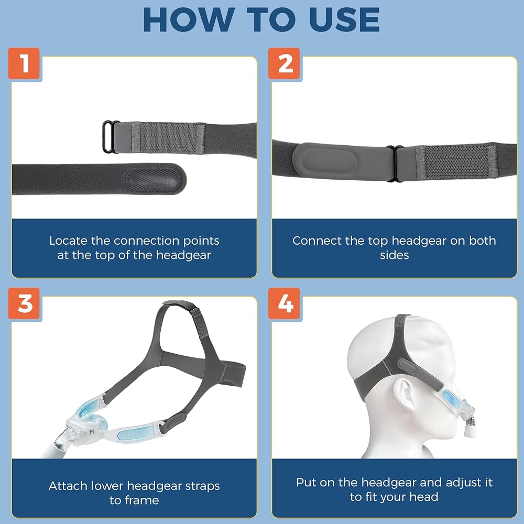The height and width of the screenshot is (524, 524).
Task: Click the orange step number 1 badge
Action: (24, 63)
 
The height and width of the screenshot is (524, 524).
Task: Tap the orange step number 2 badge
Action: (284, 63)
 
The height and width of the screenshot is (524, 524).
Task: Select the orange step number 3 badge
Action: (24, 303)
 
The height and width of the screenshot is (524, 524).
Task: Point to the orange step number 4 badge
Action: (284, 303)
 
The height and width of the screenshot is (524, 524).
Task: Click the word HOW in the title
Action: (189, 19)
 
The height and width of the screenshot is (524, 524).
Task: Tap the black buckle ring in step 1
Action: (111, 137)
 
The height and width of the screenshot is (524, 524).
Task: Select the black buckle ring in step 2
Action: (395, 163)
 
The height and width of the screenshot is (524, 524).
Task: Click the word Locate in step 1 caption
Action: (68, 241)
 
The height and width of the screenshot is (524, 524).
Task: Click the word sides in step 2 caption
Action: (395, 255)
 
